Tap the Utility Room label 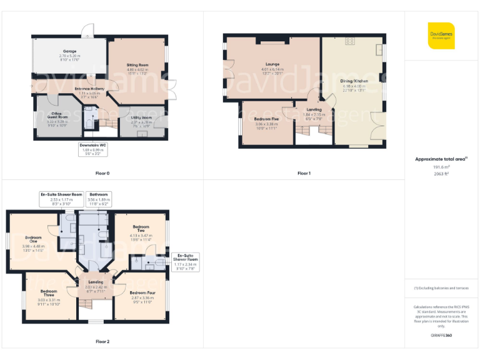pos(141,117)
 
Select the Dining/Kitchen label pos(354,81)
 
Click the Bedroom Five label pos(267,119)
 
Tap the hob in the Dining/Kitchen pos(350,41)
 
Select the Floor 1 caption pos(304,173)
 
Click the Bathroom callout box pos(99,198)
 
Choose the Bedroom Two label pos(141,226)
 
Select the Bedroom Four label pos(141,292)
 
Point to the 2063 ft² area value pos(441,174)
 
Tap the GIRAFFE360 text pos(441,336)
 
